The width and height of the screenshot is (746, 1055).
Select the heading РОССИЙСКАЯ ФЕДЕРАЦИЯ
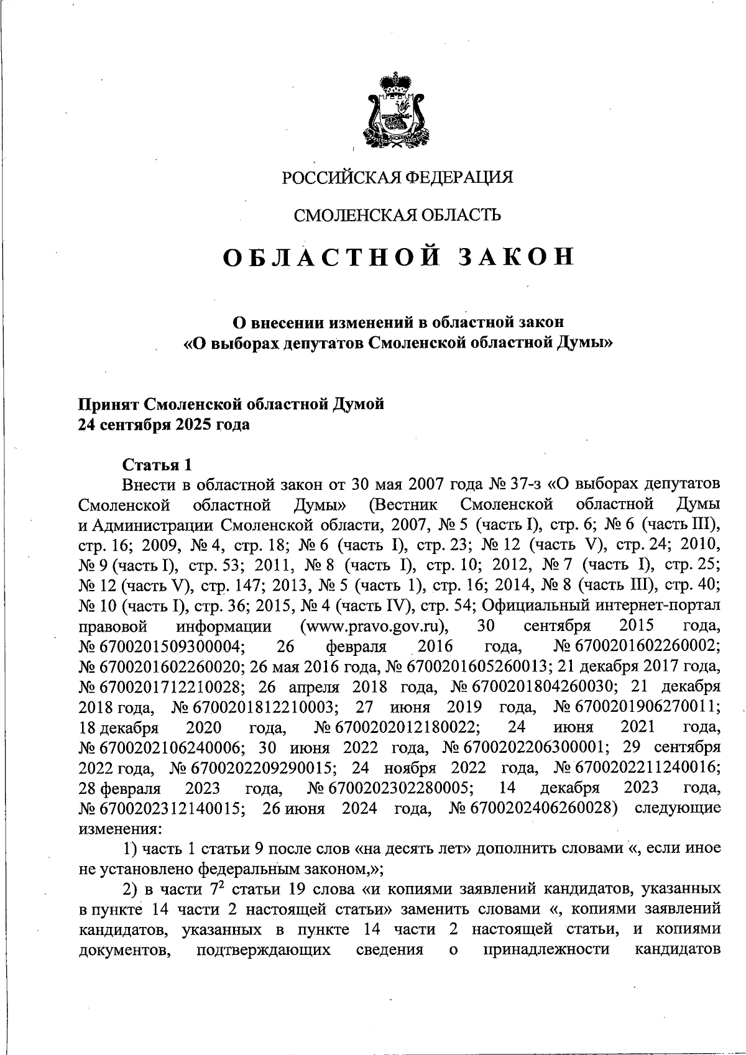pyautogui.click(x=398, y=178)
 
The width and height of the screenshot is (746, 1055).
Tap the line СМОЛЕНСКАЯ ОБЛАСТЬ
pyautogui.click(x=397, y=215)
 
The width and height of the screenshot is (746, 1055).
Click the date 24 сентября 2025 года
pyautogui.click(x=163, y=426)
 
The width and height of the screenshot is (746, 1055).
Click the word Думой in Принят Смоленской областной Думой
pyautogui.click(x=359, y=404)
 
